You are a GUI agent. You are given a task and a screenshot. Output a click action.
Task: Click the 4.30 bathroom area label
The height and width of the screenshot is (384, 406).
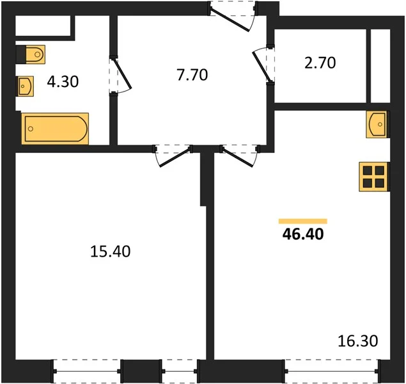tap(63, 82)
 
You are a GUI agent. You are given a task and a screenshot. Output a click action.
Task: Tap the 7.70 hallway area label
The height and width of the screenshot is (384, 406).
tap(192, 75)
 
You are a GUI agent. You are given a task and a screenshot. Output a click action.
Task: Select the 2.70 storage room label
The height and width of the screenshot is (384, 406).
tap(320, 63)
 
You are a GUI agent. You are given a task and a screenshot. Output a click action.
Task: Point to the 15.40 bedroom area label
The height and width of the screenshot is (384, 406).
tap(111, 252)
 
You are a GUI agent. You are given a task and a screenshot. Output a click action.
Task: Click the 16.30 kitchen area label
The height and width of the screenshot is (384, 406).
tap(358, 340)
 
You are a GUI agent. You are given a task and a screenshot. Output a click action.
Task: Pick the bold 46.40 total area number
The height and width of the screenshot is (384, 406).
tap(303, 234)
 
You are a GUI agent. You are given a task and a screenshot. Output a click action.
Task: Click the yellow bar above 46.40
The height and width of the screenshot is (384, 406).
tap(303, 221)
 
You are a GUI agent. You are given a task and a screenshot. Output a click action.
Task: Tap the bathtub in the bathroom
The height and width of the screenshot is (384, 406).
tap(55, 129)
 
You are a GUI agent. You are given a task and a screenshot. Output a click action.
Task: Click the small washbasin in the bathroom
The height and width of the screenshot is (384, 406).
tap(25, 86)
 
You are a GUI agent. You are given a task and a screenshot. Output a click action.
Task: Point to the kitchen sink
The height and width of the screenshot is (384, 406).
tap(377, 124)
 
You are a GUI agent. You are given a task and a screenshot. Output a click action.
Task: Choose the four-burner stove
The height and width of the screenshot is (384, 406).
tap(373, 177)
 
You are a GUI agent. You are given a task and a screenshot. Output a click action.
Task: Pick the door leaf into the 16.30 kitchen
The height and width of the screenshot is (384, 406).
tap(237, 157)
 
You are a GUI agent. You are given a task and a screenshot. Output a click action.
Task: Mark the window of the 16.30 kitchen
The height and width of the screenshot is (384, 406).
tap(332, 371)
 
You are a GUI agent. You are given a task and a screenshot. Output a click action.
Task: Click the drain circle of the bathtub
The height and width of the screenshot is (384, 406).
tap(31, 129)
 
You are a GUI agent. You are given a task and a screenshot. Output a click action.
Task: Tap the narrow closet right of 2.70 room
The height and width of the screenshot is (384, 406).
tap(380, 66)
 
